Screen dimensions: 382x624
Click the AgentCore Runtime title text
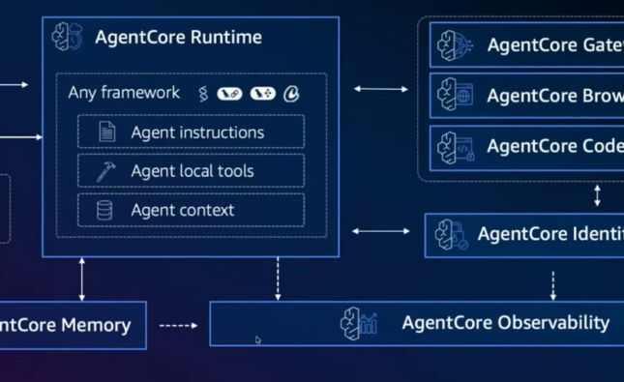coord(178,39)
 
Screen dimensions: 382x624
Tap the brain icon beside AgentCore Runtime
coord(69,38)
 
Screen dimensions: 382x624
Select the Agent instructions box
coord(191,132)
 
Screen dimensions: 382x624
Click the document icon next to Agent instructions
coord(106,132)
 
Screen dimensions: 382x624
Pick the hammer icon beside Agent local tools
coord(105,171)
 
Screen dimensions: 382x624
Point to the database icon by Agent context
coord(104,210)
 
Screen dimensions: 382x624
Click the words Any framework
coord(124,93)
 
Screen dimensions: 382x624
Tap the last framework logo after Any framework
coord(291,94)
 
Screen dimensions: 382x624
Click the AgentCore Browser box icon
coord(454,96)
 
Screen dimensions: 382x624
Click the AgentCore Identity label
coord(550,235)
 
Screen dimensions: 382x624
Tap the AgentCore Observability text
coord(505,323)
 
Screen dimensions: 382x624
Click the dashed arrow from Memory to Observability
coord(178,325)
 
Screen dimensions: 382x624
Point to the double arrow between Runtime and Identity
coord(381,232)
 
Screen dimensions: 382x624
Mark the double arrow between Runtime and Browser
coord(381,89)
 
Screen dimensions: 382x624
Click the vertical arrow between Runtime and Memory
coord(82,279)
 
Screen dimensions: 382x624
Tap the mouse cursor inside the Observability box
coord(258,339)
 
